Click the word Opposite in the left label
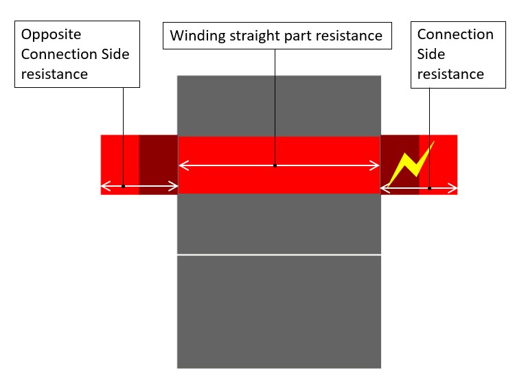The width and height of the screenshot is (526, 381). pyautogui.click(x=50, y=34)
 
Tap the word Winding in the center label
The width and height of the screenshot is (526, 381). pyautogui.click(x=195, y=36)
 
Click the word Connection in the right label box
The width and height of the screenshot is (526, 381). pyautogui.click(x=455, y=34)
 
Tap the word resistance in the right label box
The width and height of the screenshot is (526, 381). pyautogui.click(x=450, y=73)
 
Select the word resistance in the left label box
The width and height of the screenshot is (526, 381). pyautogui.click(x=54, y=74)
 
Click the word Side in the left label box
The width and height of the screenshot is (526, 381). pyautogui.click(x=113, y=54)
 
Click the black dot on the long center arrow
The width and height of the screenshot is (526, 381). pyautogui.click(x=275, y=165)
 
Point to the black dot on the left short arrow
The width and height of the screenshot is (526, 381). pyautogui.click(x=123, y=186)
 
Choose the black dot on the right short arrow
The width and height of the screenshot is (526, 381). pyautogui.click(x=429, y=187)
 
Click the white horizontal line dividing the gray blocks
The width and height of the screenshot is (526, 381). pyautogui.click(x=278, y=255)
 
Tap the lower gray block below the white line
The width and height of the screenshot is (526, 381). pyautogui.click(x=278, y=312)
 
